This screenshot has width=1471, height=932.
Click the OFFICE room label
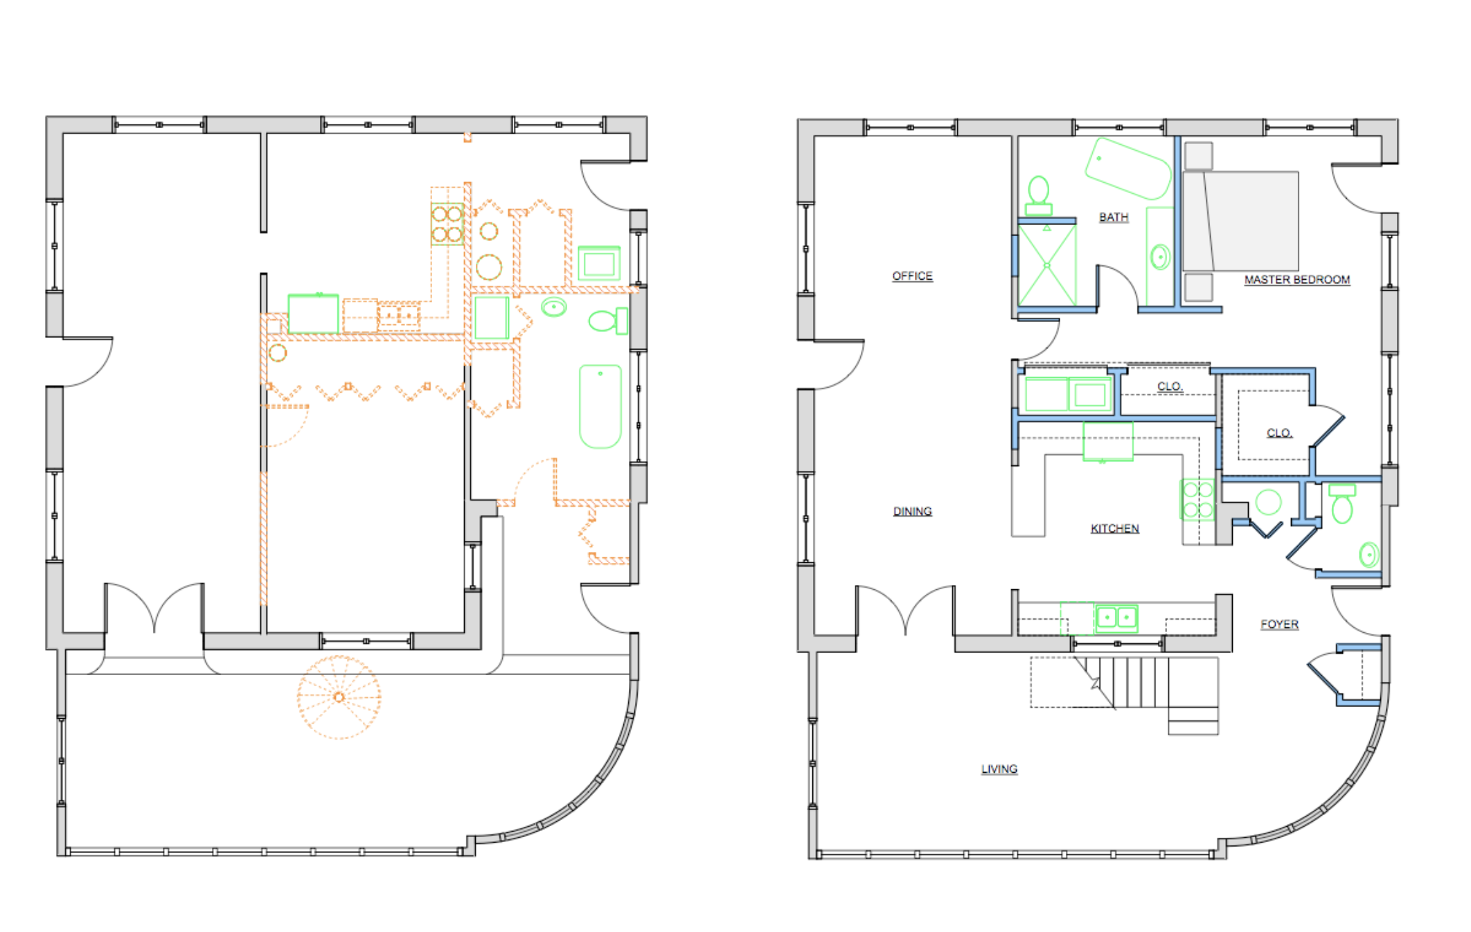tap(912, 276)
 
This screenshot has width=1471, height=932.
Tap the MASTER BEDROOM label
tap(1296, 280)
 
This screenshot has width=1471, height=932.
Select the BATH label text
tap(1114, 217)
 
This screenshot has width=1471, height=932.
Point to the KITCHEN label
tap(1114, 528)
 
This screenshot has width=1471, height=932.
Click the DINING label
tap(912, 511)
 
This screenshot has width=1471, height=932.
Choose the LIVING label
tap(999, 769)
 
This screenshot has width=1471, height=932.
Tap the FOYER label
tap(1279, 624)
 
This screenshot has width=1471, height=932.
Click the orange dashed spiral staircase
tap(339, 697)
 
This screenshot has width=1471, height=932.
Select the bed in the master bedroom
tap(1240, 220)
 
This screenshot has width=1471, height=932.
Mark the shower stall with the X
tap(1047, 265)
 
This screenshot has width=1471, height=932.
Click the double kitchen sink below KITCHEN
tap(1116, 616)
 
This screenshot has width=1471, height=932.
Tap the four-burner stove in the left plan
tap(447, 224)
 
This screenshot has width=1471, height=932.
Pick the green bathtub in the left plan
tap(600, 406)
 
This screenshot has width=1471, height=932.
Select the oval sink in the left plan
tap(553, 306)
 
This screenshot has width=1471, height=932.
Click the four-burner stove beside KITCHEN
tap(1197, 500)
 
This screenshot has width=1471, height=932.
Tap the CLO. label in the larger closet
tap(1278, 433)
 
